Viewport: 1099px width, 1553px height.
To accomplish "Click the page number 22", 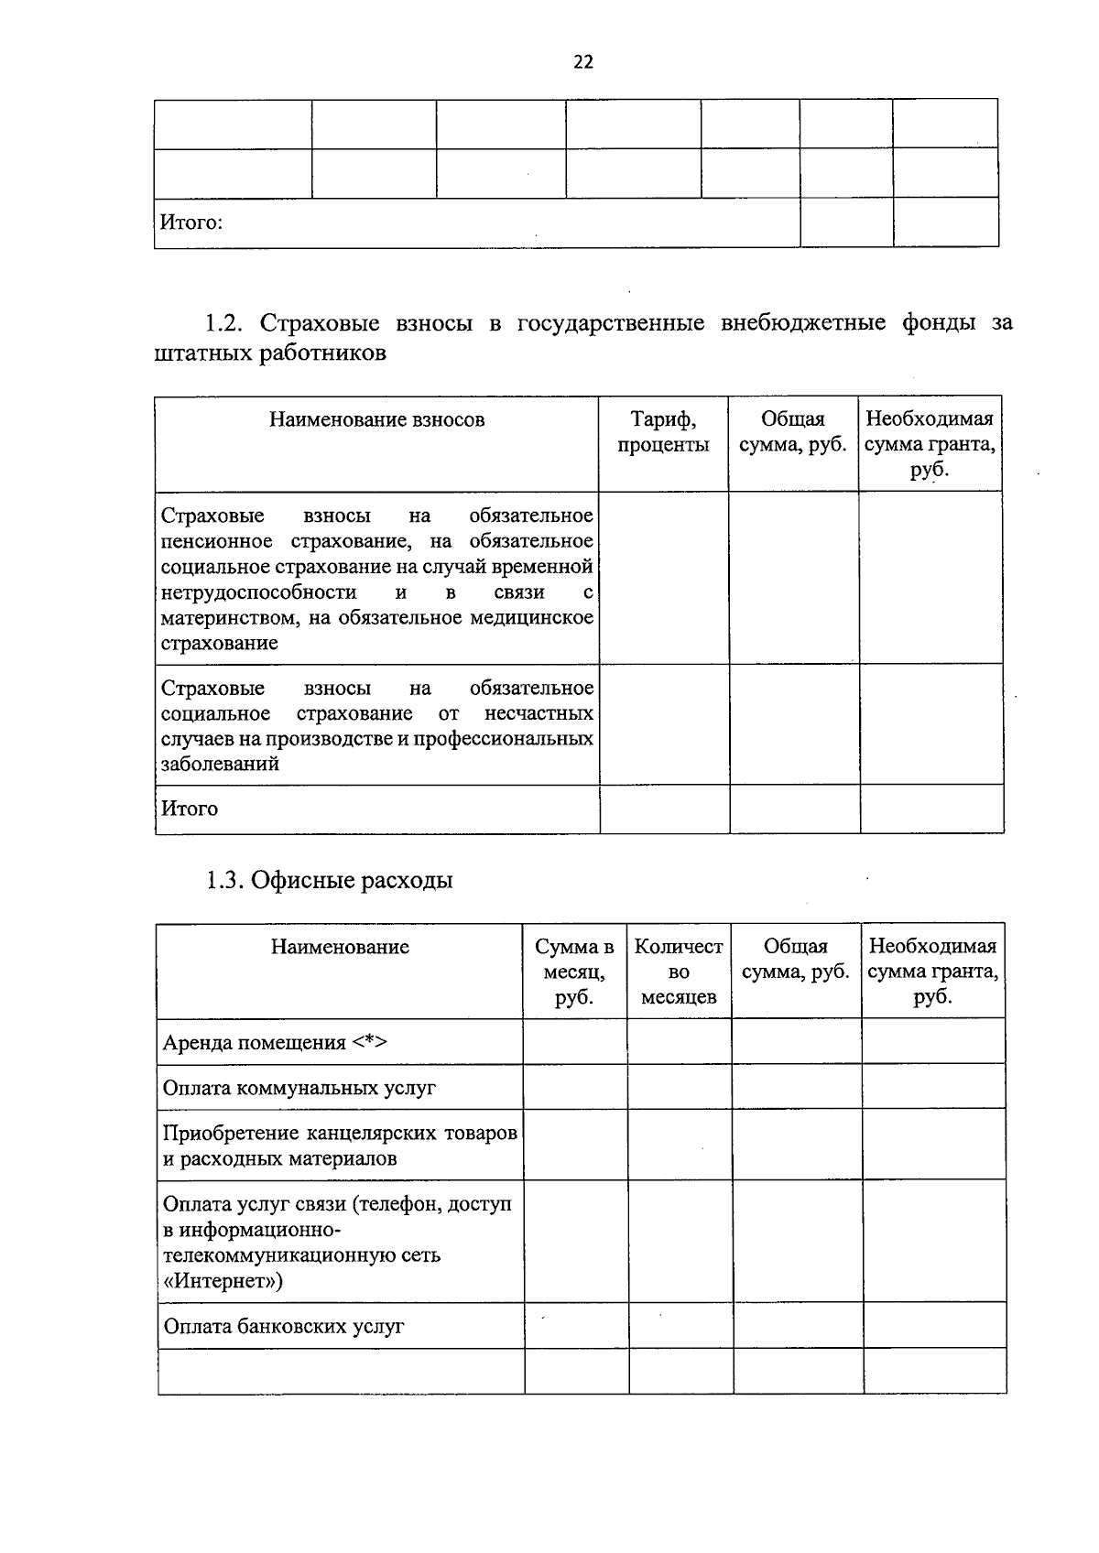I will [x=582, y=62].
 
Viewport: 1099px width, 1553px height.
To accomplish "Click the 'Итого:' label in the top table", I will [x=191, y=223].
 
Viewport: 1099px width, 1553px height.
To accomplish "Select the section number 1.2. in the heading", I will [x=224, y=323].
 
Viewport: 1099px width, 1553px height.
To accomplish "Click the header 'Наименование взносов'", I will [x=376, y=420].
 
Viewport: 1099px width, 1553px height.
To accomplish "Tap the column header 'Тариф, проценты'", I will [x=663, y=432].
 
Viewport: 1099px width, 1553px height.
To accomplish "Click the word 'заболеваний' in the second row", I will [x=220, y=764].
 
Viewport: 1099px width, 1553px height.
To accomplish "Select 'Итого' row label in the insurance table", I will [x=190, y=809].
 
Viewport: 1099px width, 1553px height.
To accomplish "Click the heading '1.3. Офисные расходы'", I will [x=329, y=881].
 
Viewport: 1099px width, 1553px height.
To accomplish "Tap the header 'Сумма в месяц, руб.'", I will [x=574, y=972].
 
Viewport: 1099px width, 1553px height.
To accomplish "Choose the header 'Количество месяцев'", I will [x=679, y=972].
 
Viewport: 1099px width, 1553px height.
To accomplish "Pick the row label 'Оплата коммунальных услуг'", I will [x=299, y=1088].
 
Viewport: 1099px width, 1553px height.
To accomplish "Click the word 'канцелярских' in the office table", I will [x=373, y=1134].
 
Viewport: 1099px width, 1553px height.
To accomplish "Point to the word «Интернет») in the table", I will [x=222, y=1281].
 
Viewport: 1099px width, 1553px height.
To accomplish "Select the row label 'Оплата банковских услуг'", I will [x=283, y=1327].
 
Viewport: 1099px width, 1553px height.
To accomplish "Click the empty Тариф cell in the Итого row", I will [x=664, y=809].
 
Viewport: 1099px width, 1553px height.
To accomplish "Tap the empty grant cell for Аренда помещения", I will [x=932, y=1042].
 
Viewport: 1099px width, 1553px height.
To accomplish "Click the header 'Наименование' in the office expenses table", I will [x=340, y=947].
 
